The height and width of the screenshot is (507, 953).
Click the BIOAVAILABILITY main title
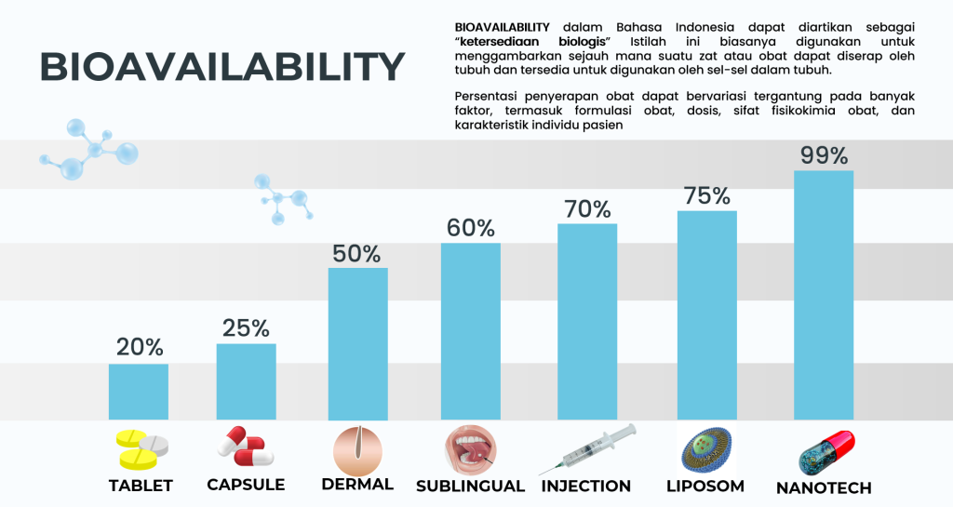(221, 66)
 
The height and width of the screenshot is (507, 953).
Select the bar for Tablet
(139, 392)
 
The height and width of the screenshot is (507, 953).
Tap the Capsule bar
(246, 381)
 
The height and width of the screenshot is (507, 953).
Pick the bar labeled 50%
(358, 343)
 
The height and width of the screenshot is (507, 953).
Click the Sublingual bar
(470, 331)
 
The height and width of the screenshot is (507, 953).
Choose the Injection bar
(587, 322)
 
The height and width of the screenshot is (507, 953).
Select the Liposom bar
(707, 315)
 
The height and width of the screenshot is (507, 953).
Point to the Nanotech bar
(824, 295)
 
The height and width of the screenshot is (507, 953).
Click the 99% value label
(824, 155)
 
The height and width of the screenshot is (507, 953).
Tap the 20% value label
(140, 347)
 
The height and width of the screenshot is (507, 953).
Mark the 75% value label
(707, 196)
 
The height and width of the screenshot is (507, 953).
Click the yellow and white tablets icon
(141, 449)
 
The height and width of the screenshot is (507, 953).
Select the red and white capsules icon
(246, 447)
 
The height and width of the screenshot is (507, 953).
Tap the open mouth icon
(470, 450)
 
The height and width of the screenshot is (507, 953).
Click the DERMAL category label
(357, 485)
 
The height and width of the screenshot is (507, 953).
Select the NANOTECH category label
(824, 487)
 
